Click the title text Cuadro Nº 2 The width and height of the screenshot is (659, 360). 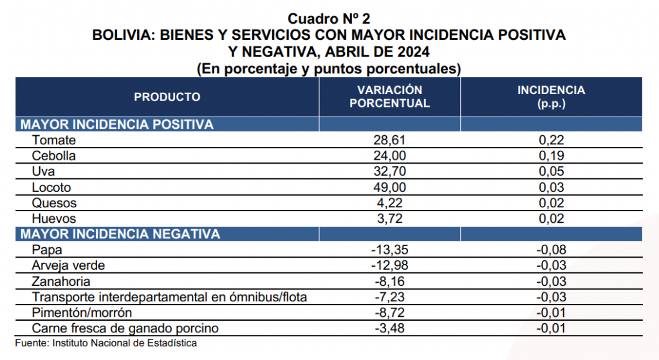(x=329, y=19)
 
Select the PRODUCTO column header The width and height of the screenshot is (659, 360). (x=167, y=97)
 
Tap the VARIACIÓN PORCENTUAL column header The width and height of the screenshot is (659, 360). (x=389, y=97)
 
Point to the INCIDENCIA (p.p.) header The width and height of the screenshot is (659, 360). (x=551, y=97)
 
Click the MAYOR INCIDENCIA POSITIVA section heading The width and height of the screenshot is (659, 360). (x=117, y=124)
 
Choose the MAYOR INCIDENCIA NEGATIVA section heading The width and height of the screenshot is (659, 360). (x=120, y=234)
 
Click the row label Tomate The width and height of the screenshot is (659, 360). (x=54, y=140)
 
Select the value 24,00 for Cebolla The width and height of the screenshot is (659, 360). (x=389, y=156)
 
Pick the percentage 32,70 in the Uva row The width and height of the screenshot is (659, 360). (x=389, y=171)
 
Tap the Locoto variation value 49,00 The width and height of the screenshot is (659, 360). (x=389, y=187)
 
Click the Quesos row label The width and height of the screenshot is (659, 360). (x=54, y=203)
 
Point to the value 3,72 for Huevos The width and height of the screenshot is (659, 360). (x=389, y=218)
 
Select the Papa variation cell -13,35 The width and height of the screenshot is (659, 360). (x=389, y=250)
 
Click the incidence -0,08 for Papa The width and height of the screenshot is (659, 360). (x=551, y=250)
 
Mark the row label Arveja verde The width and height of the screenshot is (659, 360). (x=68, y=265)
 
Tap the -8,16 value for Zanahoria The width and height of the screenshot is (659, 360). (x=389, y=281)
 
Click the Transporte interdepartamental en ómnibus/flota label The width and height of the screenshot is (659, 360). (x=169, y=297)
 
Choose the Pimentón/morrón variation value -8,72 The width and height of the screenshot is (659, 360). (x=389, y=312)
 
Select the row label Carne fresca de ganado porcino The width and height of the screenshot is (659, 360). (x=125, y=328)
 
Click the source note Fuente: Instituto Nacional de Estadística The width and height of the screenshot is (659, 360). (x=106, y=343)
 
